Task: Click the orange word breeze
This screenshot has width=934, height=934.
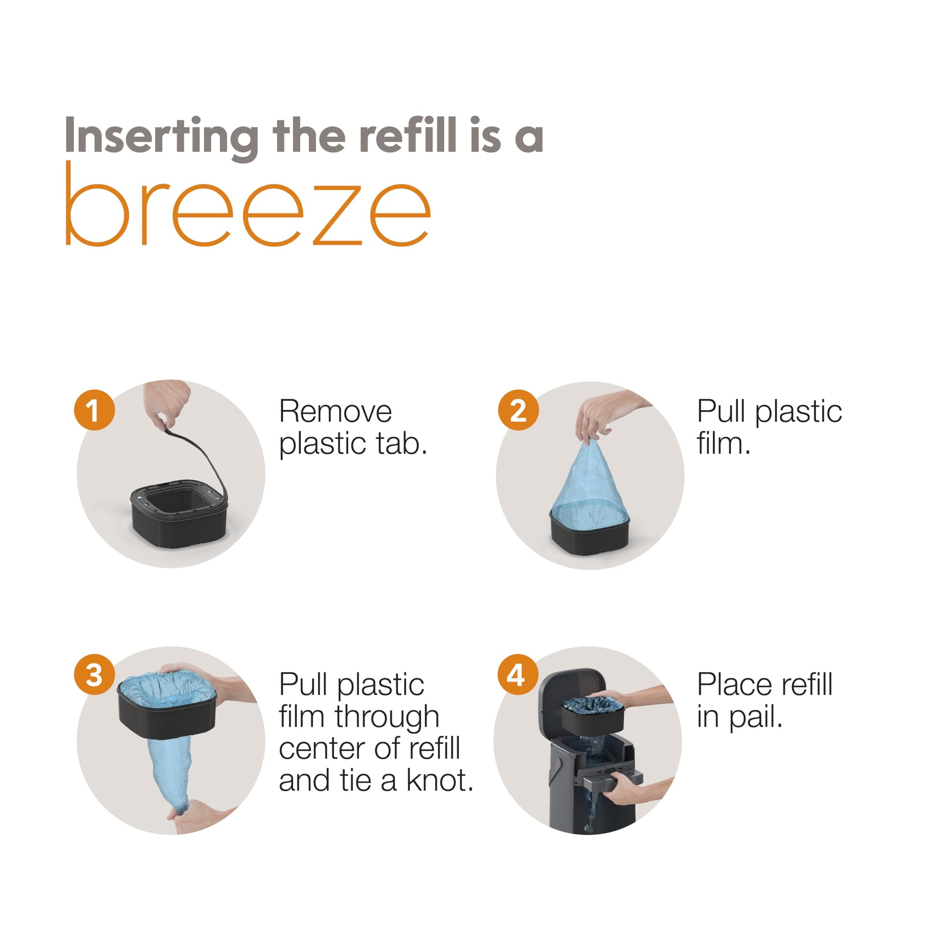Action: [x=248, y=204]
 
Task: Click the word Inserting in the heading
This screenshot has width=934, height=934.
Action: [x=161, y=137]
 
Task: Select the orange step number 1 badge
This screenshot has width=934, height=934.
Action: [x=94, y=410]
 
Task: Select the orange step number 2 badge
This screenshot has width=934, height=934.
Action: [x=518, y=410]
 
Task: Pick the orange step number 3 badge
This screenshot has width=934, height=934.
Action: [x=94, y=675]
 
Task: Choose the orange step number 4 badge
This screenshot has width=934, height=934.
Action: [x=518, y=675]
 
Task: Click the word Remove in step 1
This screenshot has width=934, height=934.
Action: [x=336, y=411]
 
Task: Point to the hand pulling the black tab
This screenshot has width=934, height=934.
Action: [x=167, y=404]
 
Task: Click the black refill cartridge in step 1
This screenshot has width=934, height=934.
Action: [x=179, y=514]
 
